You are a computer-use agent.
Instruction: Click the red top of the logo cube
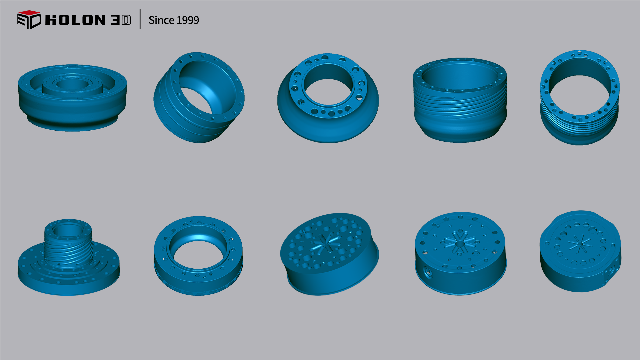(x=29, y=13)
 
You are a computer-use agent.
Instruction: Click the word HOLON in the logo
(x=75, y=20)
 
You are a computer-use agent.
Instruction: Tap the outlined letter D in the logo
(x=126, y=20)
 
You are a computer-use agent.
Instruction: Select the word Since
(x=161, y=20)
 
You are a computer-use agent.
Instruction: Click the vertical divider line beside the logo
(x=140, y=19)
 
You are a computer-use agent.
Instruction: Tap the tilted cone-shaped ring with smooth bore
(x=199, y=97)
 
